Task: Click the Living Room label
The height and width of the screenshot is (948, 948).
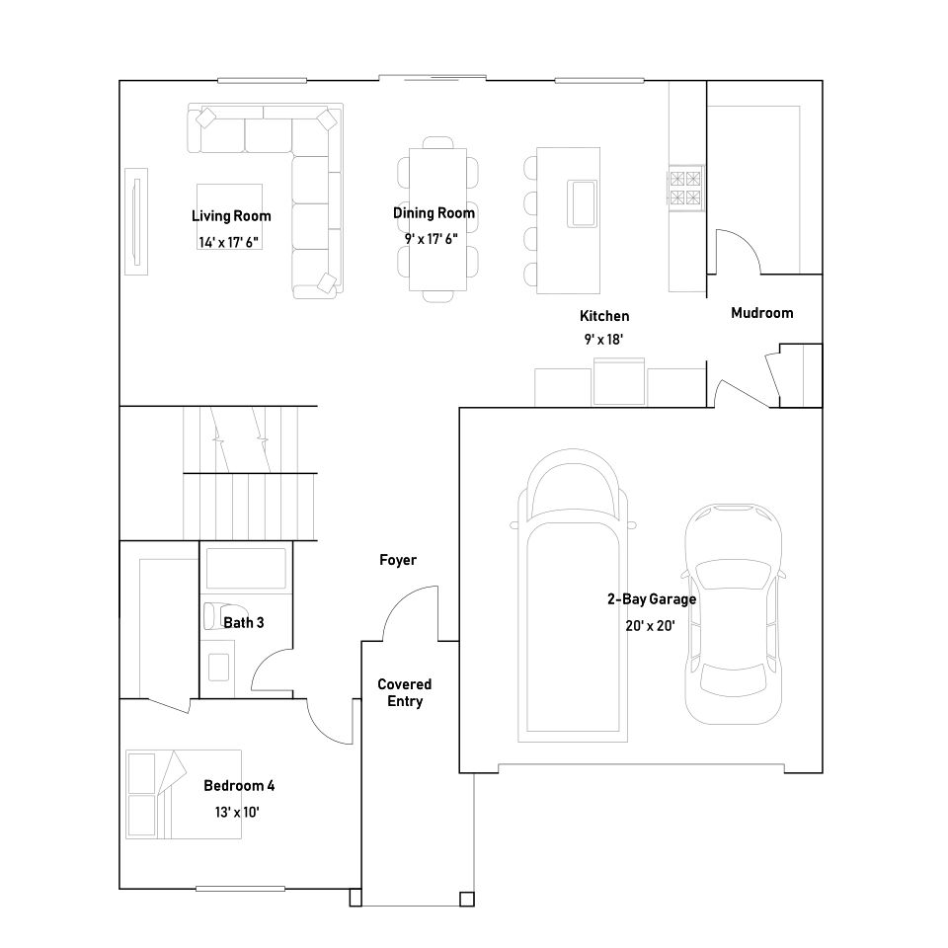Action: click(230, 216)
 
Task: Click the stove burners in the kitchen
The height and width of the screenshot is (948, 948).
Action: click(686, 188)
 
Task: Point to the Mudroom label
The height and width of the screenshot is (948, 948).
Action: click(761, 313)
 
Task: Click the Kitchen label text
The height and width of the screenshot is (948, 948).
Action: click(603, 317)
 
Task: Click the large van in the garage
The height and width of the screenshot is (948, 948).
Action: click(574, 602)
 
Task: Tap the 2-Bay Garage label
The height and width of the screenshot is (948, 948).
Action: click(651, 599)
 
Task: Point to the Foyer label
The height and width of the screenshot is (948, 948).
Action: click(398, 560)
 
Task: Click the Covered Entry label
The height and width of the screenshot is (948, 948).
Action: click(404, 692)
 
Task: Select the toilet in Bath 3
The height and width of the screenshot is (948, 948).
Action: click(215, 615)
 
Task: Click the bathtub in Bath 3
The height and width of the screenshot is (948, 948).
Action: click(244, 569)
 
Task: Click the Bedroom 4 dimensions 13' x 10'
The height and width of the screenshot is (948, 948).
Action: click(238, 812)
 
